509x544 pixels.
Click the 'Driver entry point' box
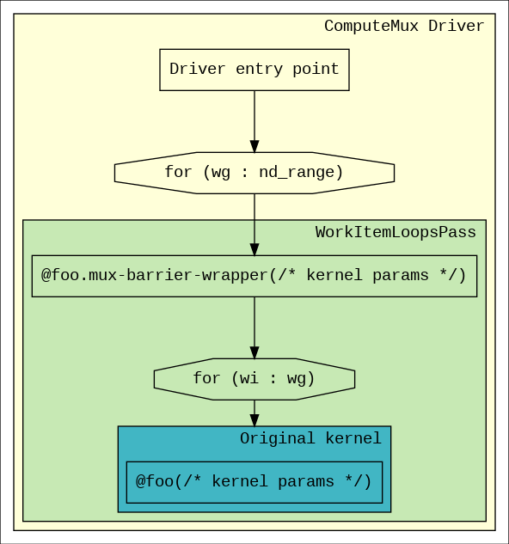(x=254, y=70)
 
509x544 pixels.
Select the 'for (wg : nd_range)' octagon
(x=254, y=173)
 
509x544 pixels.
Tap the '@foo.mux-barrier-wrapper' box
(x=254, y=276)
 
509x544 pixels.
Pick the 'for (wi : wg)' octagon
(x=254, y=379)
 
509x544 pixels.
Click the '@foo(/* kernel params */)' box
(x=254, y=482)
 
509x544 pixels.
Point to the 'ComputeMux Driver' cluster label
(x=404, y=26)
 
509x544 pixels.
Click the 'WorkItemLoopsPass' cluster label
(x=396, y=232)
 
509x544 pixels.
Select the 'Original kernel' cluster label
(x=310, y=438)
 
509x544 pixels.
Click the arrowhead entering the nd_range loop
(x=254, y=146)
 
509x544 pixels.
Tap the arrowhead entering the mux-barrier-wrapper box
(x=254, y=249)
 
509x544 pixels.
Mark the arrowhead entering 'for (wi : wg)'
(x=254, y=352)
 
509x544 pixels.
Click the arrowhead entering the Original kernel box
(x=254, y=420)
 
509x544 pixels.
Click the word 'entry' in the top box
(x=259, y=69)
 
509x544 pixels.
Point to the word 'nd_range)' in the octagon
(x=301, y=173)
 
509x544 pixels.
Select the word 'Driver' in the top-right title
(x=456, y=26)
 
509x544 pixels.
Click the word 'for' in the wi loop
(x=206, y=378)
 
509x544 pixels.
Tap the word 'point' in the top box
(x=316, y=69)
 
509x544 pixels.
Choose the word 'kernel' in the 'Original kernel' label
(x=353, y=438)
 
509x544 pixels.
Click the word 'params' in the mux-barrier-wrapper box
(x=401, y=276)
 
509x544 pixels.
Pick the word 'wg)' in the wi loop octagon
(x=301, y=379)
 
